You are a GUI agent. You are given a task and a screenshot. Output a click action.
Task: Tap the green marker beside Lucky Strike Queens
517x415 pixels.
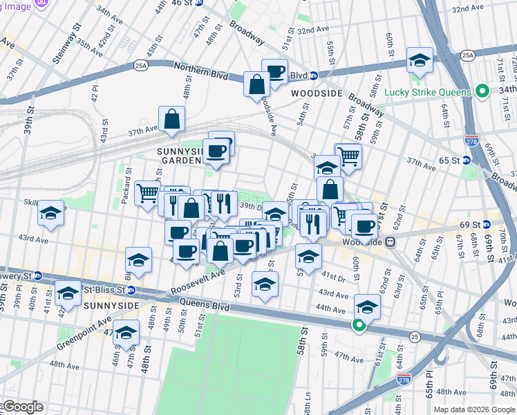point(483,92)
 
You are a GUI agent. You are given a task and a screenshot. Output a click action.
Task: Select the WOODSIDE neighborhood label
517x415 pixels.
point(317,93)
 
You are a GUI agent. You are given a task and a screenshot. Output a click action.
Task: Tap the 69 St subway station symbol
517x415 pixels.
point(486,225)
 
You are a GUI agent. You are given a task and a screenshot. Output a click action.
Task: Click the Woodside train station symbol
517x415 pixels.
point(390,242)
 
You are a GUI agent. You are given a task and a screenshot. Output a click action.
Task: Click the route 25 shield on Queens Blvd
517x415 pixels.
point(414,336)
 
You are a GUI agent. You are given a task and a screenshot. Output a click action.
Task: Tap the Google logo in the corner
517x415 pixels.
point(22,407)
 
